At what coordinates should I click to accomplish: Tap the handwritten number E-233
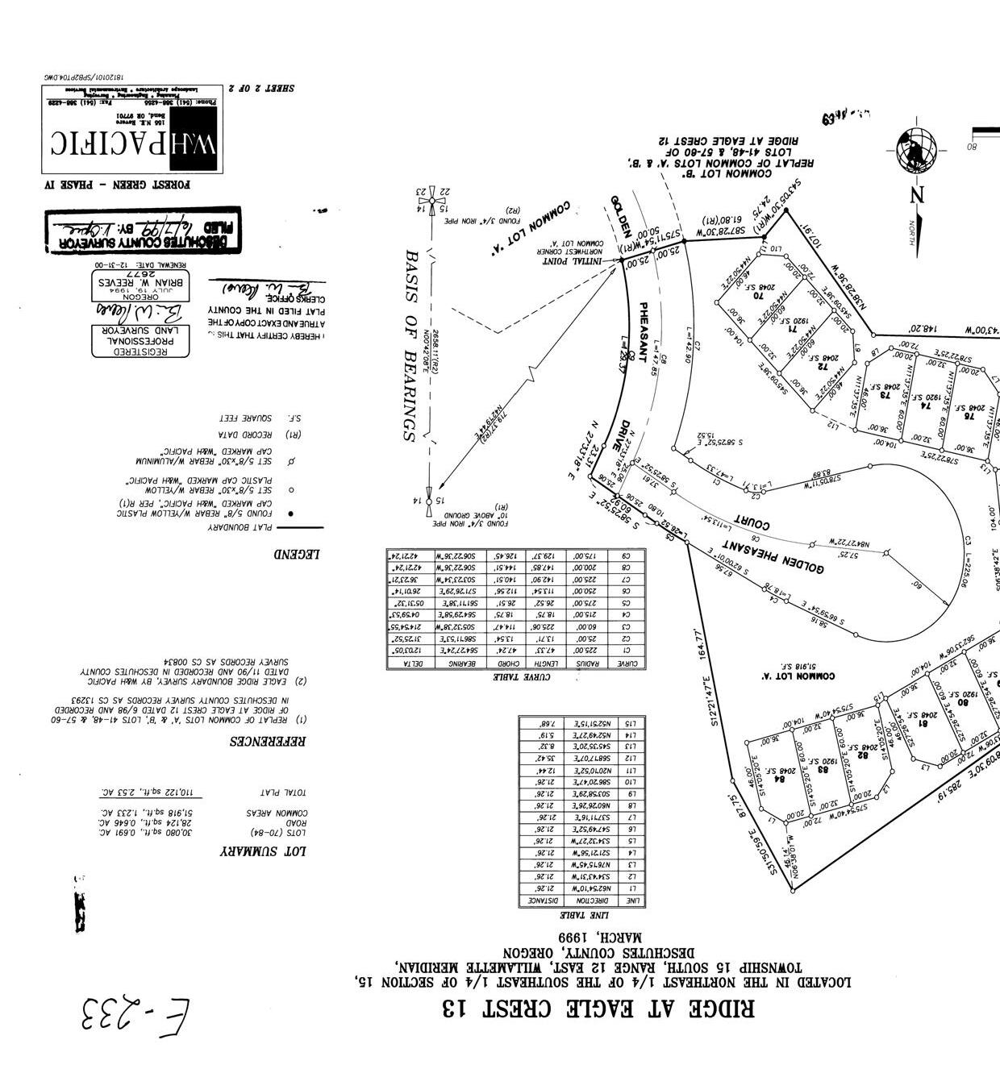coord(136,1017)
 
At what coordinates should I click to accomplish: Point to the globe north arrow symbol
coord(917,149)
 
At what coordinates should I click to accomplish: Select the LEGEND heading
coord(297,554)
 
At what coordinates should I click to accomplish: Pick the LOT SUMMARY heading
coord(263,851)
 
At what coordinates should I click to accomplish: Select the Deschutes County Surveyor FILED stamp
coord(143,232)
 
